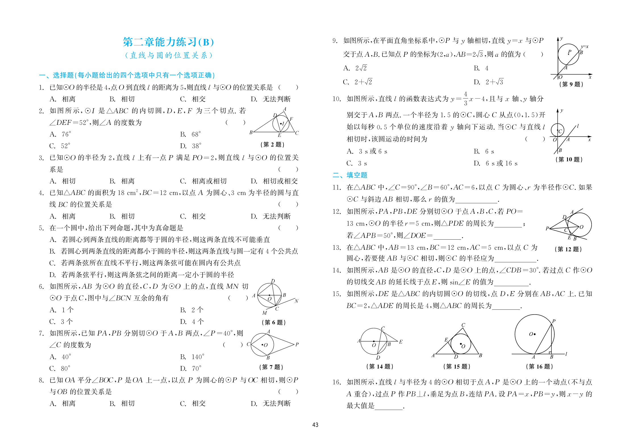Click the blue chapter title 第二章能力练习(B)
[168, 42]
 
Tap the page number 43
[315, 425]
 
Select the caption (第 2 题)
[272, 145]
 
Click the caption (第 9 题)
[571, 84]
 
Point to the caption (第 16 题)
[539, 367]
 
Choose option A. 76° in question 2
[60, 134]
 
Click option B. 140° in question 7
[192, 357]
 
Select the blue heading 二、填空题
[350, 175]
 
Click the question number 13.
[337, 248]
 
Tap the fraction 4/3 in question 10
[465, 99]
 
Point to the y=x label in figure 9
[584, 47]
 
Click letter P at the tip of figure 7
[297, 344]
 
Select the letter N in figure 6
[296, 301]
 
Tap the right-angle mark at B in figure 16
[550, 353]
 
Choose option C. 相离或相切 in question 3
[203, 181]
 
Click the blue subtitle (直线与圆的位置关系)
[168, 55]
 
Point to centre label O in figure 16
[531, 334]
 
